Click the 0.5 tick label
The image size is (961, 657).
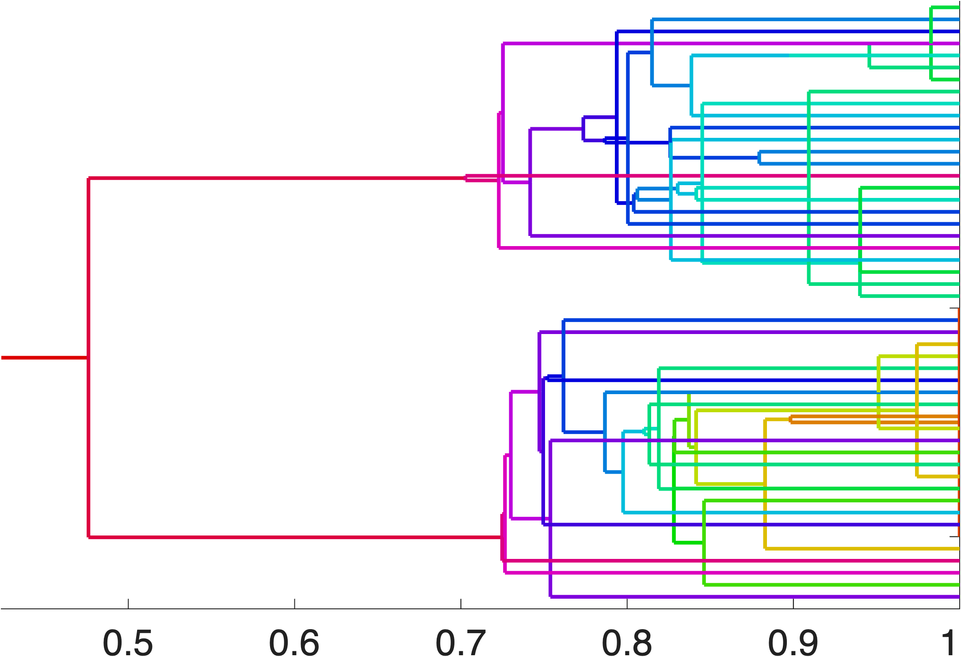click(x=128, y=643)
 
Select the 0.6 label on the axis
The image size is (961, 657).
click(x=294, y=643)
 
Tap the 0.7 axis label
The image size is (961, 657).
click(x=461, y=643)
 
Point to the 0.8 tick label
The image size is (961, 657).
click(x=627, y=643)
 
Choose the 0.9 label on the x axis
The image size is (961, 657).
click(x=793, y=643)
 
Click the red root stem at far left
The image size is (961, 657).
click(x=44, y=357)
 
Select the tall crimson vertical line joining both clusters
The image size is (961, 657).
click(x=89, y=309)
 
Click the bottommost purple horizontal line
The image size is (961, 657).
click(x=751, y=596)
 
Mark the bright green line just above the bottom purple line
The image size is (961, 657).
click(x=831, y=585)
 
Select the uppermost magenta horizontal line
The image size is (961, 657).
click(x=729, y=43)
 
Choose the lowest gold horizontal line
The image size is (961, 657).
click(x=862, y=549)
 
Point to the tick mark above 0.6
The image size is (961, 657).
click(x=294, y=604)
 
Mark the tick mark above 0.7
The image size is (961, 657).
click(x=461, y=604)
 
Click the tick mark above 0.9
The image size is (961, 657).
click(x=793, y=604)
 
